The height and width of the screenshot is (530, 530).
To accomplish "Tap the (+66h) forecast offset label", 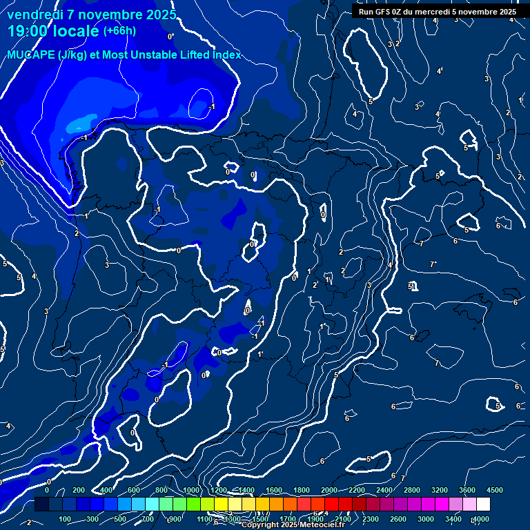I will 119,30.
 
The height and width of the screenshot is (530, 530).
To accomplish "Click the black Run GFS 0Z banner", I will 437,11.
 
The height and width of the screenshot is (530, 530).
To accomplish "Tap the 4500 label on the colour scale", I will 494,490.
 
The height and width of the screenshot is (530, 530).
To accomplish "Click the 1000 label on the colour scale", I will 191,490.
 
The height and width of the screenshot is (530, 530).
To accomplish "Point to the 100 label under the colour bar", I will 65,519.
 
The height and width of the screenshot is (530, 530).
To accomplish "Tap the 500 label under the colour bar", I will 120,519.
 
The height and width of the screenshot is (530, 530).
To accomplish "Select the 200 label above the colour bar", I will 78,490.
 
